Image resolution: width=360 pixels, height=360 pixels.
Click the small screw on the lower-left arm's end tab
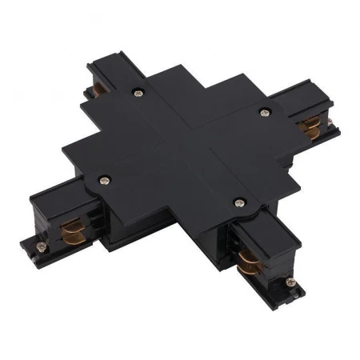[x=38, y=240]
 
